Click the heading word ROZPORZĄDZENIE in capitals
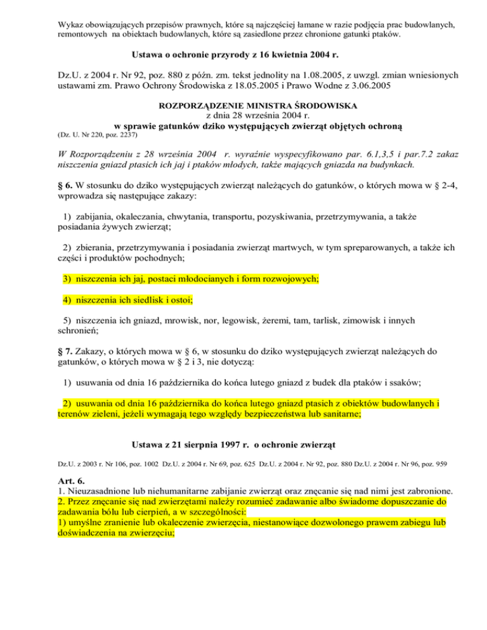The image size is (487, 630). click(204, 105)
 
